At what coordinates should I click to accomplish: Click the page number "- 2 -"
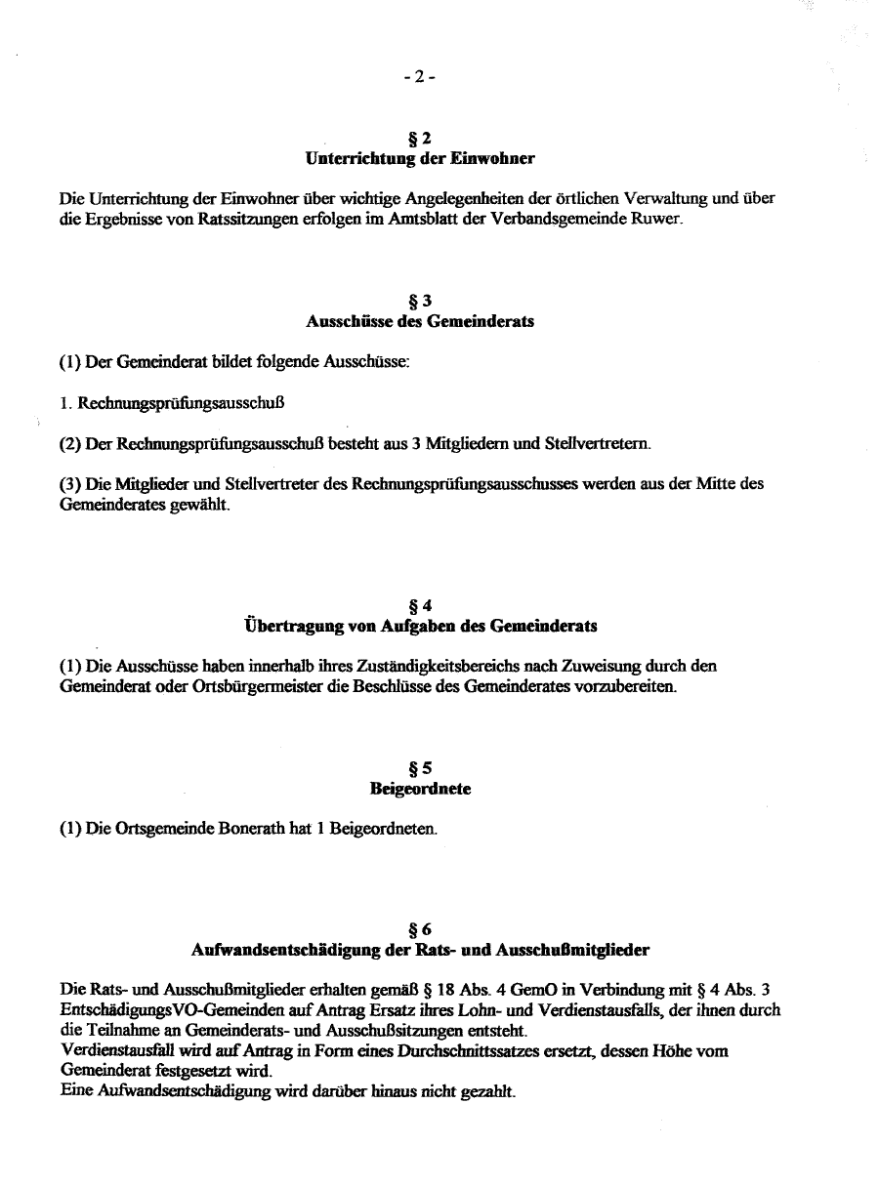[x=419, y=78]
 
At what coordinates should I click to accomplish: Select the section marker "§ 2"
[x=420, y=139]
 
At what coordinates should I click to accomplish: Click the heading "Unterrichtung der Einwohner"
[x=420, y=157]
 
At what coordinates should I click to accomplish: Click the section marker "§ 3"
[x=420, y=302]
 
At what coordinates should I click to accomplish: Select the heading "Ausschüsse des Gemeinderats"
[x=420, y=320]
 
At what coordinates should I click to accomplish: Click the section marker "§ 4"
[x=420, y=606]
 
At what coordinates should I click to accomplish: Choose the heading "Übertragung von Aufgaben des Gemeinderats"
[x=420, y=625]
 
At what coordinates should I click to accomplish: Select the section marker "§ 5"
[x=420, y=769]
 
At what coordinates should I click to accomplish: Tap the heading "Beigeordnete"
[x=420, y=789]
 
